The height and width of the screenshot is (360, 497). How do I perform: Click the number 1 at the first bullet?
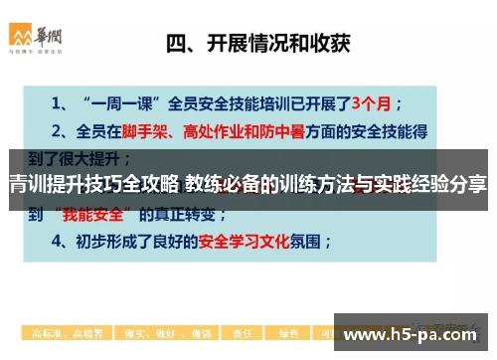tap(58, 101)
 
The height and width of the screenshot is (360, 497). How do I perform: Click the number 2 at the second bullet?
tap(58, 129)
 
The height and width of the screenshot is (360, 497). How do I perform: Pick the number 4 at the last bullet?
tap(58, 241)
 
